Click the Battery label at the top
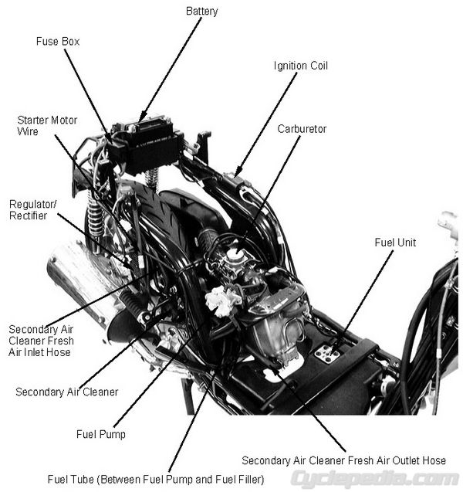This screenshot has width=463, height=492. coord(202,12)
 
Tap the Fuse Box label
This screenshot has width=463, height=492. coord(58,41)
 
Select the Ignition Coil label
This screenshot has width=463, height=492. coord(301,66)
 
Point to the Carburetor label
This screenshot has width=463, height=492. coord(302,129)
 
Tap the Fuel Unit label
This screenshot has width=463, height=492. coord(395,243)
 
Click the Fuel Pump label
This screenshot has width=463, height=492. coord(100,434)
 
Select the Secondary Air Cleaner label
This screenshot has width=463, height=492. coord(67,392)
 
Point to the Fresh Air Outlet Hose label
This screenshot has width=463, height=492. coord(343,460)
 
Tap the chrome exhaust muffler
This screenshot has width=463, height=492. coord(73,282)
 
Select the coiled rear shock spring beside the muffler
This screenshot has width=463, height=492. coord(96,217)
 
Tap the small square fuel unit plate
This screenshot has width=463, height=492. coord(327,354)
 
